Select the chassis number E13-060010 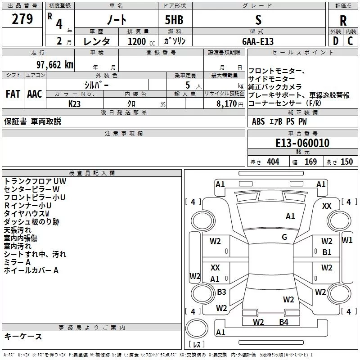(x=302, y=144)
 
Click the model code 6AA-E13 (x=258, y=41)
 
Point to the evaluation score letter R (x=343, y=21)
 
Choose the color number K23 (x=75, y=103)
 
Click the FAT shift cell (x=13, y=94)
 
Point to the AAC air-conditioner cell (x=35, y=94)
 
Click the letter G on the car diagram (x=284, y=237)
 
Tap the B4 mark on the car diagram (x=283, y=322)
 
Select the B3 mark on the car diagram (x=221, y=292)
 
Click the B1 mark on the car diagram (x=327, y=252)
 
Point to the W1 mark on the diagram (x=347, y=240)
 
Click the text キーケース (x=23, y=337)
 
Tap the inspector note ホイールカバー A (x=31, y=270)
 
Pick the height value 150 (x=346, y=162)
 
